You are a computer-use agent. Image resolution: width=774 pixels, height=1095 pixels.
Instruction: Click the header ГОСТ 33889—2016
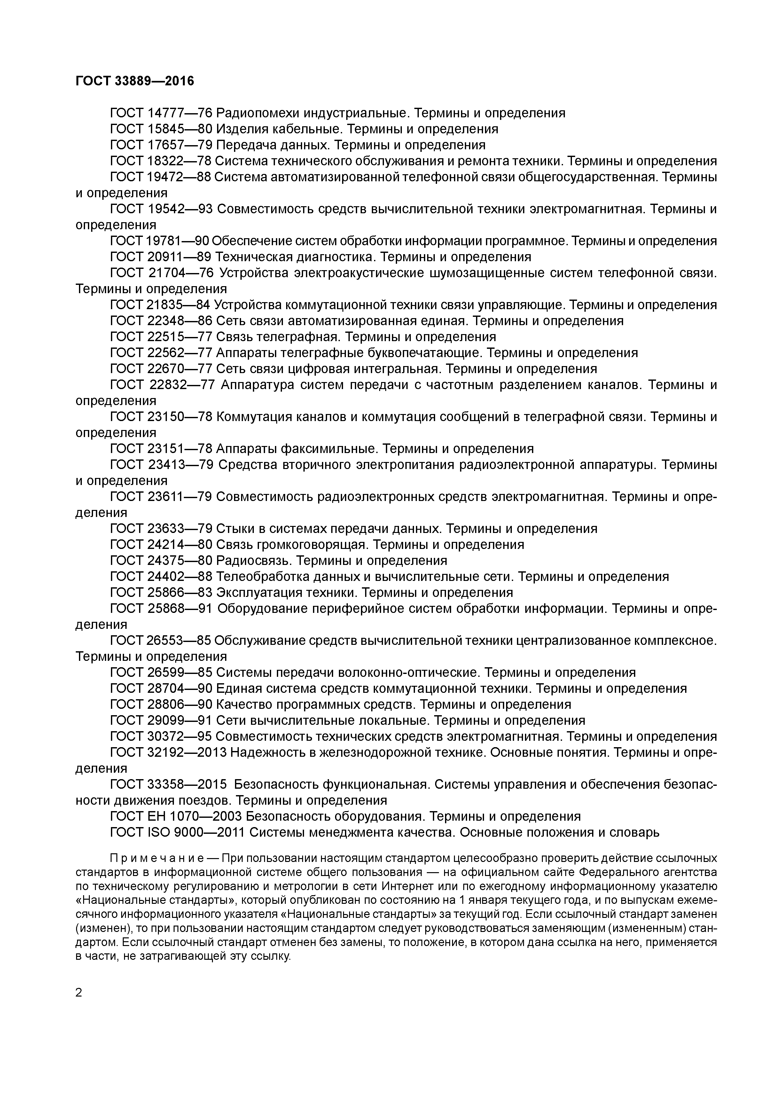pos(135,81)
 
